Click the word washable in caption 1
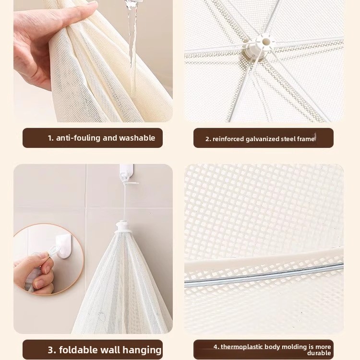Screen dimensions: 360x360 tap(137, 138)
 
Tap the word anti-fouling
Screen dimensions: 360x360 tap(78, 138)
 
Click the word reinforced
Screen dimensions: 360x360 tap(228, 139)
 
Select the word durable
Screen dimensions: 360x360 tap(319, 353)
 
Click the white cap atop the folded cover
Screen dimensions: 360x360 tap(121, 227)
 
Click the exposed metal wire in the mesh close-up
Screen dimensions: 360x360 tap(264, 276)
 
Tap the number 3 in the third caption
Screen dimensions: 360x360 tap(51, 349)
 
